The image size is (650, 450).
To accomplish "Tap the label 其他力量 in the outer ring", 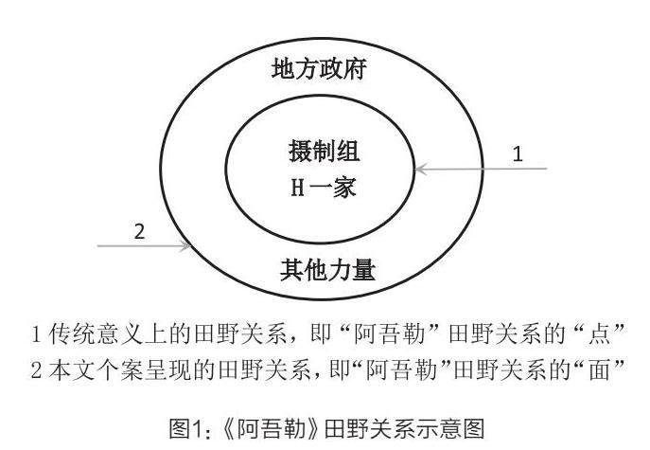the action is click(x=327, y=271).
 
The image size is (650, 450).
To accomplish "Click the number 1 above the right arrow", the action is click(x=517, y=153).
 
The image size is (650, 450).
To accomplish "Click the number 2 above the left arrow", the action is click(x=139, y=230).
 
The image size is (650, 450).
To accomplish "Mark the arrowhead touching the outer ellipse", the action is click(x=184, y=246).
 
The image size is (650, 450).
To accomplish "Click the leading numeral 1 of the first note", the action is click(x=38, y=333).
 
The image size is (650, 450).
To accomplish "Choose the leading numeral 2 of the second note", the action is click(x=38, y=364).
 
